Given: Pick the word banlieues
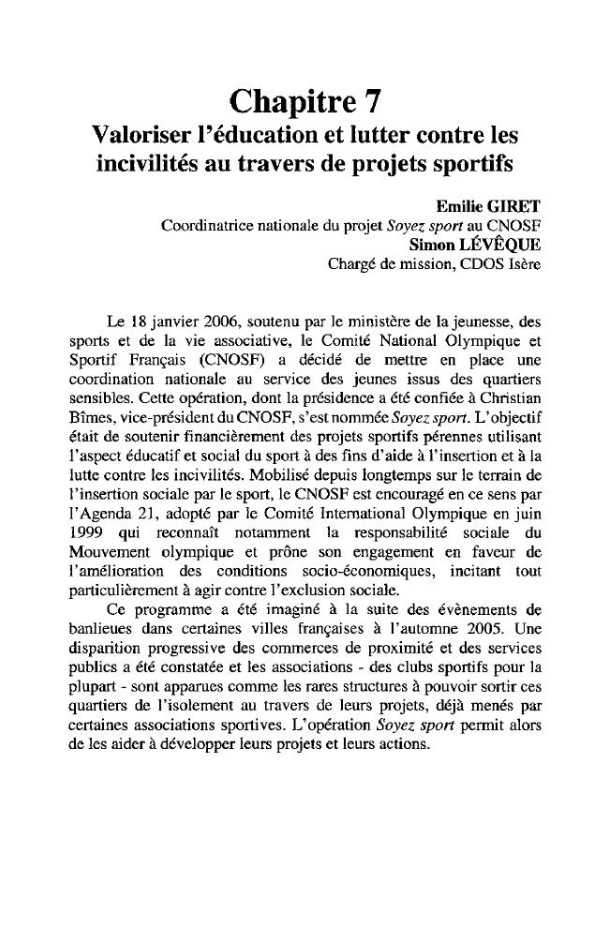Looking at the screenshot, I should [x=98, y=629].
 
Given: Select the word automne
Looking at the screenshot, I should [x=435, y=629].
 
